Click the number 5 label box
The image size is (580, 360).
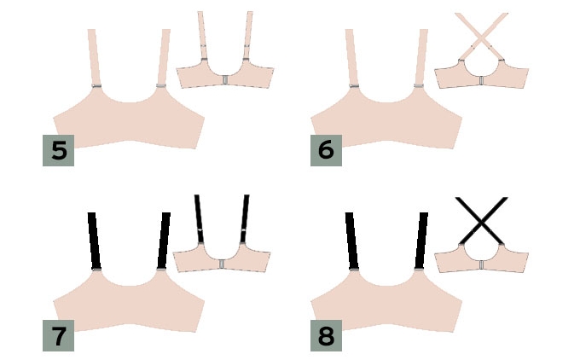tap(59, 150)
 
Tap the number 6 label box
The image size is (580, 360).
tap(326, 150)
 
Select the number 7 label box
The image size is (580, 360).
tap(59, 335)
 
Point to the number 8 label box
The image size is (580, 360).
tap(326, 335)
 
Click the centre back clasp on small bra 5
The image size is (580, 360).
tap(225, 80)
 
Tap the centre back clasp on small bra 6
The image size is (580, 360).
tap(481, 81)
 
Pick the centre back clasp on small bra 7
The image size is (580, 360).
tap(222, 264)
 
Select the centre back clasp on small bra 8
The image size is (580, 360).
tap(481, 265)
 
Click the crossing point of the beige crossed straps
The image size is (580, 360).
tap(481, 36)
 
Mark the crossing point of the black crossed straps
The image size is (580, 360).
tap(481, 220)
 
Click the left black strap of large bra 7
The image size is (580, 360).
tap(95, 241)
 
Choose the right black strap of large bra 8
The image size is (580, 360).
tap(421, 241)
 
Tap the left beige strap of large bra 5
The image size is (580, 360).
tap(94, 57)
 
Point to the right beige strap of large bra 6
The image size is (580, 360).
tap(421, 57)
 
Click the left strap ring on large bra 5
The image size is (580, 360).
tap(96, 86)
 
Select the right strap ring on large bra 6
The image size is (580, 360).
tap(419, 86)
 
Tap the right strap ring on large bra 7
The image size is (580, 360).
tap(161, 270)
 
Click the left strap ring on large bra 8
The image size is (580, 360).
tap(354, 270)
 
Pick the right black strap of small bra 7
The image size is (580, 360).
tap(245, 218)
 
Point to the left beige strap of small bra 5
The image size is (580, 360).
tap(202, 35)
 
